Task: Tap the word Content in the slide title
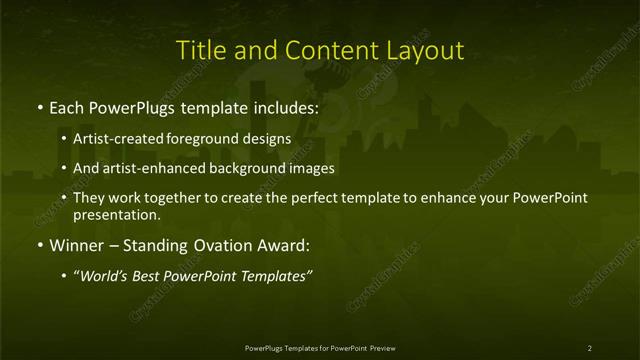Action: pyautogui.click(x=320, y=49)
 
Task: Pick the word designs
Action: pyautogui.click(x=265, y=138)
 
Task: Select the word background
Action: pyautogui.click(x=243, y=168)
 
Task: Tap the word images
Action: pyautogui.click(x=310, y=168)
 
